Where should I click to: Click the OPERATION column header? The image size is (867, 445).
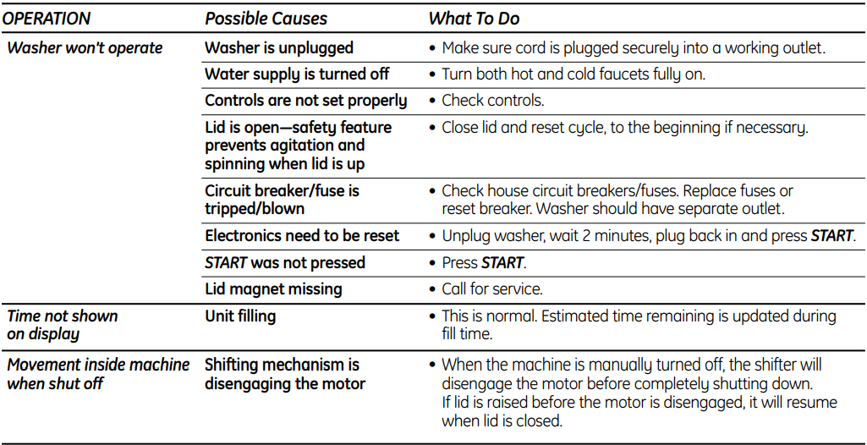click(x=47, y=19)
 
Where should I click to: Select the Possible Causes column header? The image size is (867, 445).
click(x=266, y=19)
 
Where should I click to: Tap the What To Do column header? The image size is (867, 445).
click(x=474, y=19)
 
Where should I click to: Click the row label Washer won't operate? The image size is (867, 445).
click(x=85, y=48)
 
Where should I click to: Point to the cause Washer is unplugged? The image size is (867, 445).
click(x=279, y=48)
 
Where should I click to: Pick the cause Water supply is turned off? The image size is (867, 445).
click(x=297, y=74)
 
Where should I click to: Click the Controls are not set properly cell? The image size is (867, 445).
click(x=305, y=101)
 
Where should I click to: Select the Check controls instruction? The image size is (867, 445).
click(x=492, y=101)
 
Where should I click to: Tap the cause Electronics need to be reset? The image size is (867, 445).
click(x=302, y=235)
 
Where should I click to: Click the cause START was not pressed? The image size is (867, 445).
click(x=285, y=262)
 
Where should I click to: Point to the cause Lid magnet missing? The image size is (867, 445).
click(x=273, y=289)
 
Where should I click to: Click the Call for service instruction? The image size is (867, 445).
click(x=492, y=289)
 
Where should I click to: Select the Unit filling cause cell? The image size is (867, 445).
click(x=240, y=316)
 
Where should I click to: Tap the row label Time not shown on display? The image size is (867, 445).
click(x=62, y=325)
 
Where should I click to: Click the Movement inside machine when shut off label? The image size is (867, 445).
click(x=98, y=374)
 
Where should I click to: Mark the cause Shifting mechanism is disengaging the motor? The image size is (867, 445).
click(x=285, y=374)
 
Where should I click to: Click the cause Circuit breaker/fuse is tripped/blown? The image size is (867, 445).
click(x=282, y=201)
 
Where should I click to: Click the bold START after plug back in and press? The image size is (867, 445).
click(x=831, y=235)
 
